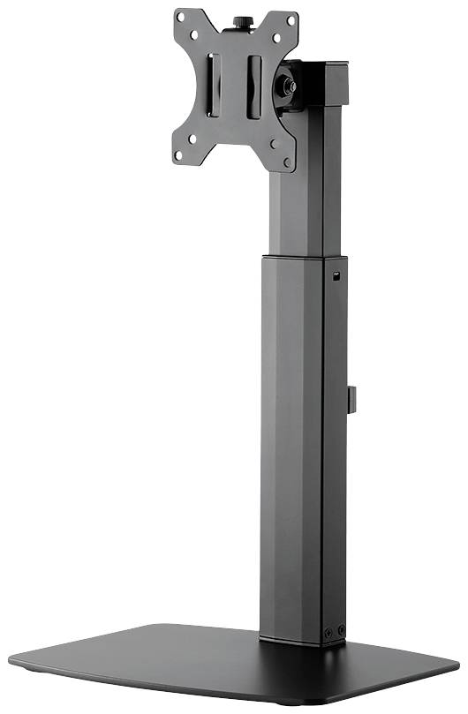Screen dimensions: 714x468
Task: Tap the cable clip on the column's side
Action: (350, 398)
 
